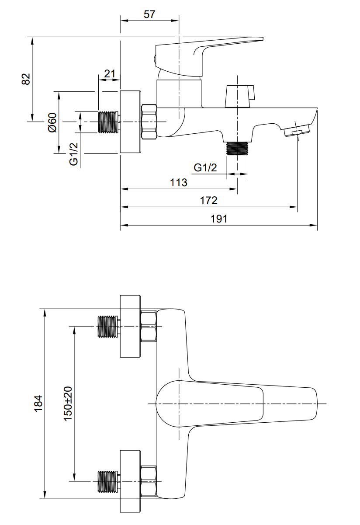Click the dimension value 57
pyautogui.click(x=149, y=14)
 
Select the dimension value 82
pyautogui.click(x=26, y=79)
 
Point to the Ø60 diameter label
pyautogui.click(x=52, y=122)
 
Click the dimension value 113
pyautogui.click(x=178, y=182)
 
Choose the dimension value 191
pyautogui.click(x=219, y=219)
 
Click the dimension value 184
pyautogui.click(x=38, y=403)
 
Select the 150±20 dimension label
pyautogui.click(x=68, y=403)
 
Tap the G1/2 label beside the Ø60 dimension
pyautogui.click(x=74, y=154)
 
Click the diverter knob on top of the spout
pyautogui.click(x=239, y=96)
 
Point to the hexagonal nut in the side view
pyautogui.click(x=149, y=122)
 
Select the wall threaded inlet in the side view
pyautogui.click(x=109, y=122)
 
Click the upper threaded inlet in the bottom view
pyautogui.click(x=107, y=327)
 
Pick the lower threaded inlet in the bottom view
pyautogui.click(x=107, y=481)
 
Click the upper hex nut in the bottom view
pyautogui.click(x=149, y=327)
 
